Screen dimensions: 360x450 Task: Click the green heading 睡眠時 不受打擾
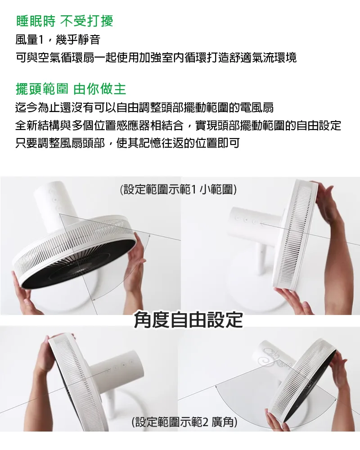coord(65,21)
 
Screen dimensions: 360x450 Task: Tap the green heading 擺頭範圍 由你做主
coord(71,89)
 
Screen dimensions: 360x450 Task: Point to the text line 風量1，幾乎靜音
coord(58,39)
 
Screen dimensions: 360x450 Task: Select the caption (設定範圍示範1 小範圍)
coord(178,189)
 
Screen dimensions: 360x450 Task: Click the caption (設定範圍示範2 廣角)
coord(184,422)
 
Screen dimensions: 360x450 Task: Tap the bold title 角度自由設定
coord(189,319)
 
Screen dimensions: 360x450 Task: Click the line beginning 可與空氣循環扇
coord(156,58)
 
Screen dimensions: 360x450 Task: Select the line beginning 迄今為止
coord(144,108)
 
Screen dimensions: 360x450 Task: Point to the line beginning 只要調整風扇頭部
coord(127,143)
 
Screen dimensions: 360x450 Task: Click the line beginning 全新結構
coord(178,125)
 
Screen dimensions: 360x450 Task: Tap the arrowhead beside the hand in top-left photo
coord(148,236)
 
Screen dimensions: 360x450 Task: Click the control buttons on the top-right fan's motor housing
coord(246,220)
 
